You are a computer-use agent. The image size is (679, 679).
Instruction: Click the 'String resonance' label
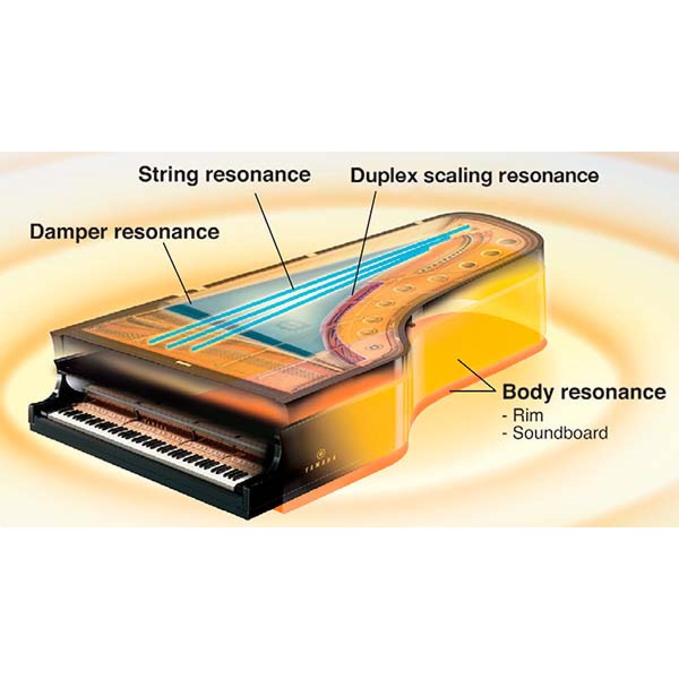(x=224, y=174)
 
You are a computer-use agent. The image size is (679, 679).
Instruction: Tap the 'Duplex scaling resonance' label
(x=474, y=175)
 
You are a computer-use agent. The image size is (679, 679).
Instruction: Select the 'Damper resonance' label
(x=124, y=231)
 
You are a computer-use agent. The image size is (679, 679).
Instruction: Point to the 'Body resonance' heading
(x=584, y=392)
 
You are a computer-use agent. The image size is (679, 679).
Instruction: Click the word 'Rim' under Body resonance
(x=527, y=415)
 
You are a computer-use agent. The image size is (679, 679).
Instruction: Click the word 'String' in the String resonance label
(x=169, y=174)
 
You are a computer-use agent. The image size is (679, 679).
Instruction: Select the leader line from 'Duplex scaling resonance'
(x=363, y=240)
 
